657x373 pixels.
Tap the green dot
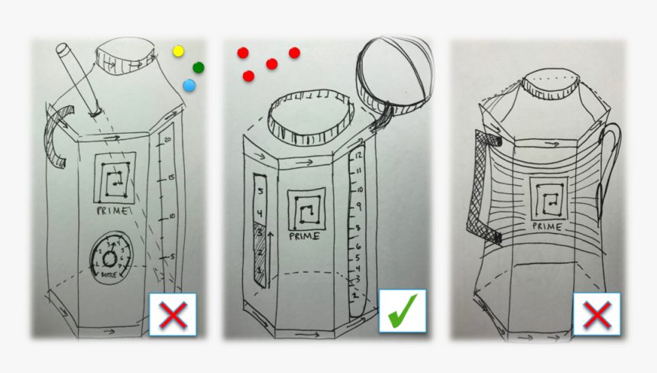click(199, 68)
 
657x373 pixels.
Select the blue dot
click(189, 86)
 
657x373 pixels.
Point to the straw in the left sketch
click(76, 76)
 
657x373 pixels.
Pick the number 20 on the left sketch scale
click(170, 141)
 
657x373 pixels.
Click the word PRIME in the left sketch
click(112, 209)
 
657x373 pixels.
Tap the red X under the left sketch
click(173, 314)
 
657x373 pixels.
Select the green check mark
click(403, 312)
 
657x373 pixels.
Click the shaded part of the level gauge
click(261, 252)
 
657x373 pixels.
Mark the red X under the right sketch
click(597, 314)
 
